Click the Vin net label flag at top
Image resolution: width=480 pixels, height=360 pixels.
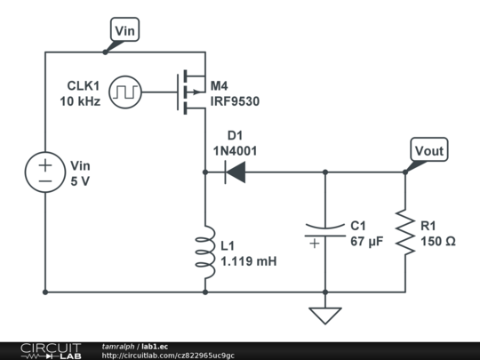click(x=125, y=31)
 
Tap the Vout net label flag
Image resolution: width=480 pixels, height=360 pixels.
click(x=428, y=151)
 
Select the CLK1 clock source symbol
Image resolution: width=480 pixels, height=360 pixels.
click(x=125, y=92)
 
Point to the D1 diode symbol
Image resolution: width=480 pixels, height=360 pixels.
click(x=235, y=173)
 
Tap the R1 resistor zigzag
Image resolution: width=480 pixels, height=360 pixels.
click(x=405, y=232)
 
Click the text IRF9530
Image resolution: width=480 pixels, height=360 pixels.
click(x=235, y=101)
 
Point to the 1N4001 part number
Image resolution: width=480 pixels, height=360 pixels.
click(x=235, y=151)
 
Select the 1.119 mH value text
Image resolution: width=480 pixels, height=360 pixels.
click(x=249, y=261)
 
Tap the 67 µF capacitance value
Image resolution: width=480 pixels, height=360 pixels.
click(x=365, y=241)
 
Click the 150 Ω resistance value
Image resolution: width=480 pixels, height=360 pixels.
click(x=438, y=241)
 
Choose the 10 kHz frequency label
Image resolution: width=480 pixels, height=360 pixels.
click(x=80, y=101)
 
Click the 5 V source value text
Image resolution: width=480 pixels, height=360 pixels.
click(x=80, y=180)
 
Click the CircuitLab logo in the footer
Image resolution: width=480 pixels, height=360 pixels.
click(x=49, y=350)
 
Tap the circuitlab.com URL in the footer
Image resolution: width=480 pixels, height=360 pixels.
click(x=168, y=356)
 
